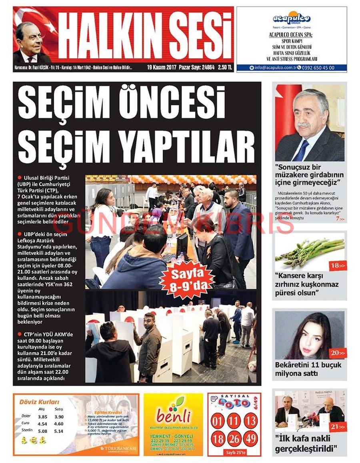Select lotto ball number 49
250,439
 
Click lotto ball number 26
234,439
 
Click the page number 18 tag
338,266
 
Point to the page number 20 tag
338,353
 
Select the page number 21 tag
338,427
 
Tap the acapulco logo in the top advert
292,19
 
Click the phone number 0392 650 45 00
318,68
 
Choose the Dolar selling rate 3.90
59,417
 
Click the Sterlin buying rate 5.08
42,431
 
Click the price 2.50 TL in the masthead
225,68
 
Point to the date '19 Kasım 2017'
161,68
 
